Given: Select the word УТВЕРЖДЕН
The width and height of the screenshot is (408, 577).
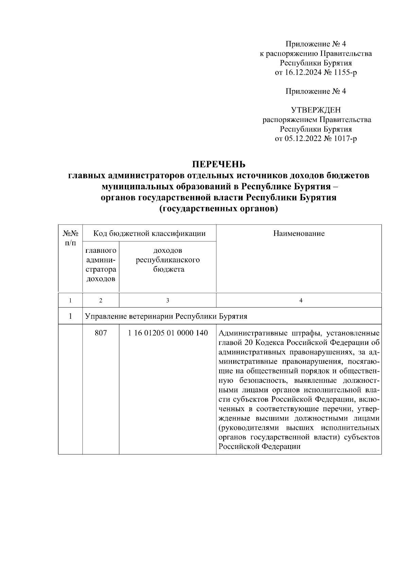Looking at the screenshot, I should [x=316, y=110].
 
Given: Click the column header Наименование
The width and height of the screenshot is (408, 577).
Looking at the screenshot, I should [x=299, y=233].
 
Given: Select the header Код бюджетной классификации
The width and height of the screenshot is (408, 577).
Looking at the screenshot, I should [x=150, y=233].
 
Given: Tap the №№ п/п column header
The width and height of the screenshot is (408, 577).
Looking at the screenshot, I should [x=70, y=238].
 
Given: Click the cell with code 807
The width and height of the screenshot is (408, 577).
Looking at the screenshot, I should [x=101, y=333].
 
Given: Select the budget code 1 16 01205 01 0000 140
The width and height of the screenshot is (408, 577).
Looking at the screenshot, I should [x=168, y=333].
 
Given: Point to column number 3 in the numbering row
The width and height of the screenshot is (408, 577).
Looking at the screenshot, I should [x=168, y=300].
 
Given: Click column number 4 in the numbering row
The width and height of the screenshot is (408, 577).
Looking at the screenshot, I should [x=301, y=300].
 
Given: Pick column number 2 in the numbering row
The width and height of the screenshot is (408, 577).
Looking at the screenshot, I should [x=101, y=300].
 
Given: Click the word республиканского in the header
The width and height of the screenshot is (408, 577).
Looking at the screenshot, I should [x=168, y=260].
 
